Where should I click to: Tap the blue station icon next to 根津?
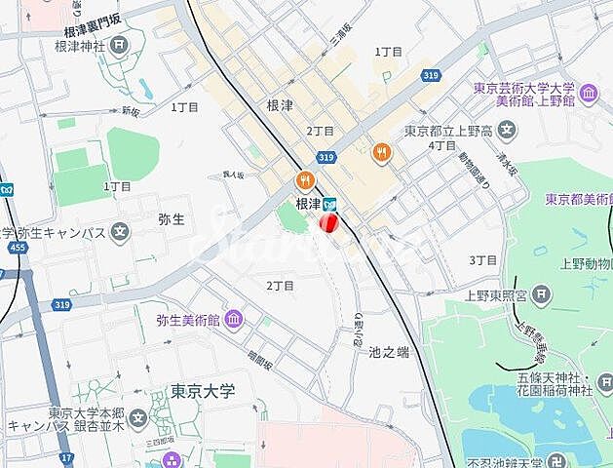pyautogui.click(x=330, y=204)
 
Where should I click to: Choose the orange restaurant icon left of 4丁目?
pyautogui.click(x=381, y=151)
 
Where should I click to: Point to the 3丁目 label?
pyautogui.click(x=482, y=260)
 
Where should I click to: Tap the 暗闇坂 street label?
pyautogui.click(x=258, y=358)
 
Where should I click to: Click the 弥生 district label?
pyautogui.click(x=171, y=219)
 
